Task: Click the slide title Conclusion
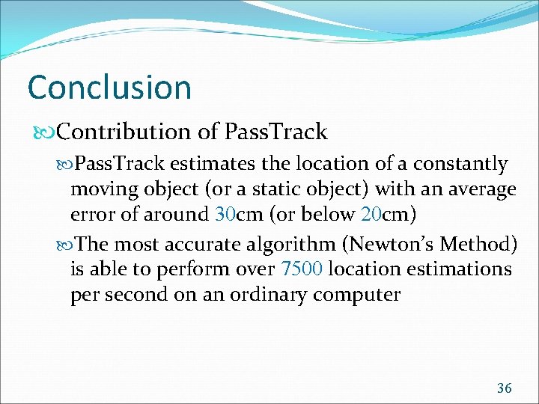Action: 109,88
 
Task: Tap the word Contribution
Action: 124,132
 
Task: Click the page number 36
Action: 504,388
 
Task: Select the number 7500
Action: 302,269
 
